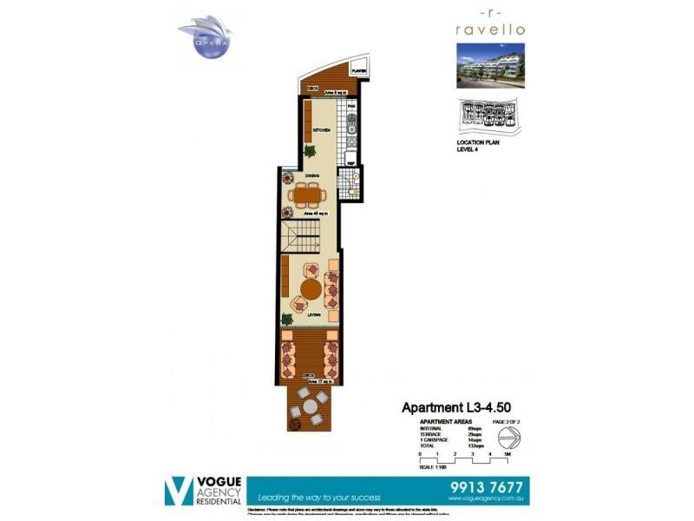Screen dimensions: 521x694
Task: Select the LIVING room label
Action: tap(313, 314)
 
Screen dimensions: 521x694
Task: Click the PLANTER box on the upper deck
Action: tap(357, 72)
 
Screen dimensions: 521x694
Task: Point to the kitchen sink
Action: tap(351, 132)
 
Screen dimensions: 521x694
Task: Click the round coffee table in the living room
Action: tap(311, 288)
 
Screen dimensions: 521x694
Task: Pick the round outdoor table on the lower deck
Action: tap(308, 404)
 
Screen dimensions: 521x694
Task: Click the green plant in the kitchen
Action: tap(310, 151)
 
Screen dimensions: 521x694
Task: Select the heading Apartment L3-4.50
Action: tap(453, 407)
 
